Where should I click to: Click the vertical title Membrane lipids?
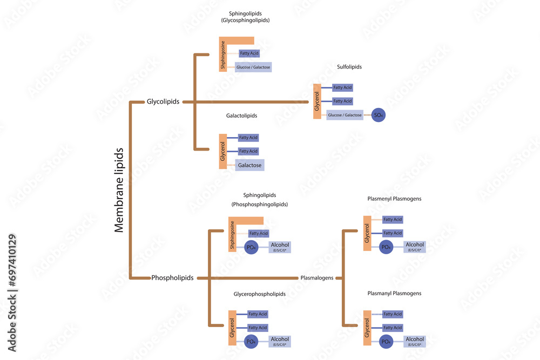(119, 189)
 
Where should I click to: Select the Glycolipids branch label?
(163, 101)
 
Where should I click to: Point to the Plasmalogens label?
(317, 278)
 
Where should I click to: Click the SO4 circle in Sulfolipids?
(380, 115)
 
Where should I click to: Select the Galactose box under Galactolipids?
(250, 165)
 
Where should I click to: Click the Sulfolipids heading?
(349, 67)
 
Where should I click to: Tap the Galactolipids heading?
(241, 116)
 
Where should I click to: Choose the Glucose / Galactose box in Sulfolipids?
(345, 115)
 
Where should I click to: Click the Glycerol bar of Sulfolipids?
(317, 101)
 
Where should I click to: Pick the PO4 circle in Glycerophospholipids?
(250, 341)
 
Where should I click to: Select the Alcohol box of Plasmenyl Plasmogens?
(415, 247)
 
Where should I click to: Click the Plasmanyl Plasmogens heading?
(394, 293)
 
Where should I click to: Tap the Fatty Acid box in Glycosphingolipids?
(249, 53)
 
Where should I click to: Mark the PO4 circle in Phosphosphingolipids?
(250, 247)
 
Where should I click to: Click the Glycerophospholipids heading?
(259, 294)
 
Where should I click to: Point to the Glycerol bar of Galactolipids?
(222, 151)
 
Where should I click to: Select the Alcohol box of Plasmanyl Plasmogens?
(415, 341)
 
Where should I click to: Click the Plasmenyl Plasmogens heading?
(394, 199)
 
